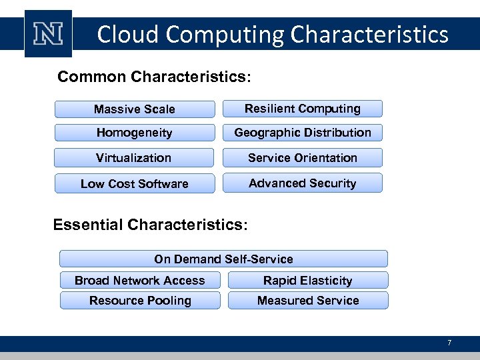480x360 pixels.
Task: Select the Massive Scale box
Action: pos(135,109)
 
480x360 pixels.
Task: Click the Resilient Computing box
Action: pos(303,109)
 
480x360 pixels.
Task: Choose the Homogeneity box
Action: pos(135,133)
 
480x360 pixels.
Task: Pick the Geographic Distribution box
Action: pos(303,133)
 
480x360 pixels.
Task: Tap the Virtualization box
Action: pos(134,158)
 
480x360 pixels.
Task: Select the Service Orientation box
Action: pos(303,158)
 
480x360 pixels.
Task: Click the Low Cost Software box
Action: pos(135,184)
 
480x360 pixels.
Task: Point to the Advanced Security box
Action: pos(303,183)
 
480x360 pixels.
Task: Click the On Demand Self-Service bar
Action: pos(223,259)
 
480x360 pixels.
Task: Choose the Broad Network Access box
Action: pos(140,280)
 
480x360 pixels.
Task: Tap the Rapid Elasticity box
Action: pos(308,280)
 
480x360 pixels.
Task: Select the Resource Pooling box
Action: pos(140,301)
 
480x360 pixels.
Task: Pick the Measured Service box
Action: pos(308,301)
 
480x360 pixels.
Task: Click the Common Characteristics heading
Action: pos(154,77)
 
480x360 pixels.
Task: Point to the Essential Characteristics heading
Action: pos(150,225)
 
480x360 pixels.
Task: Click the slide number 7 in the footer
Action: pos(449,343)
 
